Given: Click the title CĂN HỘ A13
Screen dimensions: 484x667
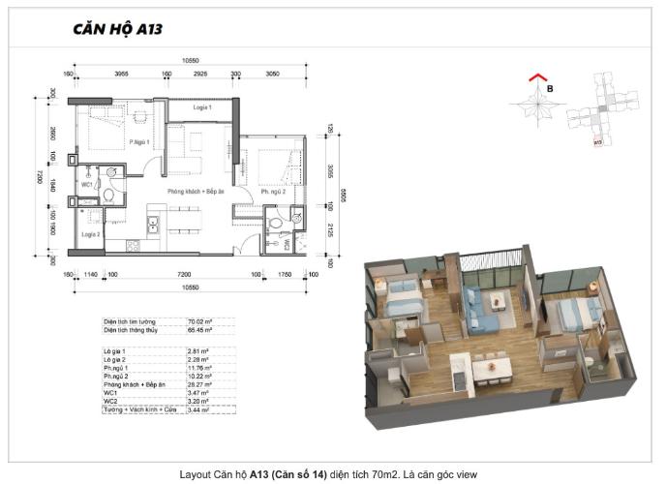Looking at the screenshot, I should pos(117,28).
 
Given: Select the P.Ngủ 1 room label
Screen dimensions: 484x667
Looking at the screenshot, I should pos(140,142).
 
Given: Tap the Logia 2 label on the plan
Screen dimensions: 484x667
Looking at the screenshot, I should pos(90,234).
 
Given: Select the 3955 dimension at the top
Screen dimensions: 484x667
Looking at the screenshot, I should pos(121,74).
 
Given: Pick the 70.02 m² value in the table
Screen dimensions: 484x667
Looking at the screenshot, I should pos(198,320).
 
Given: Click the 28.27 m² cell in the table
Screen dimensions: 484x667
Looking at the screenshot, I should pos(198,382).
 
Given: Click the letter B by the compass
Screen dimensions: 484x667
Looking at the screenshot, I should pos(550,90).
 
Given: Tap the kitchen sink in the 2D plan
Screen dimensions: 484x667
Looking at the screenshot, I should pos(153,225).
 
